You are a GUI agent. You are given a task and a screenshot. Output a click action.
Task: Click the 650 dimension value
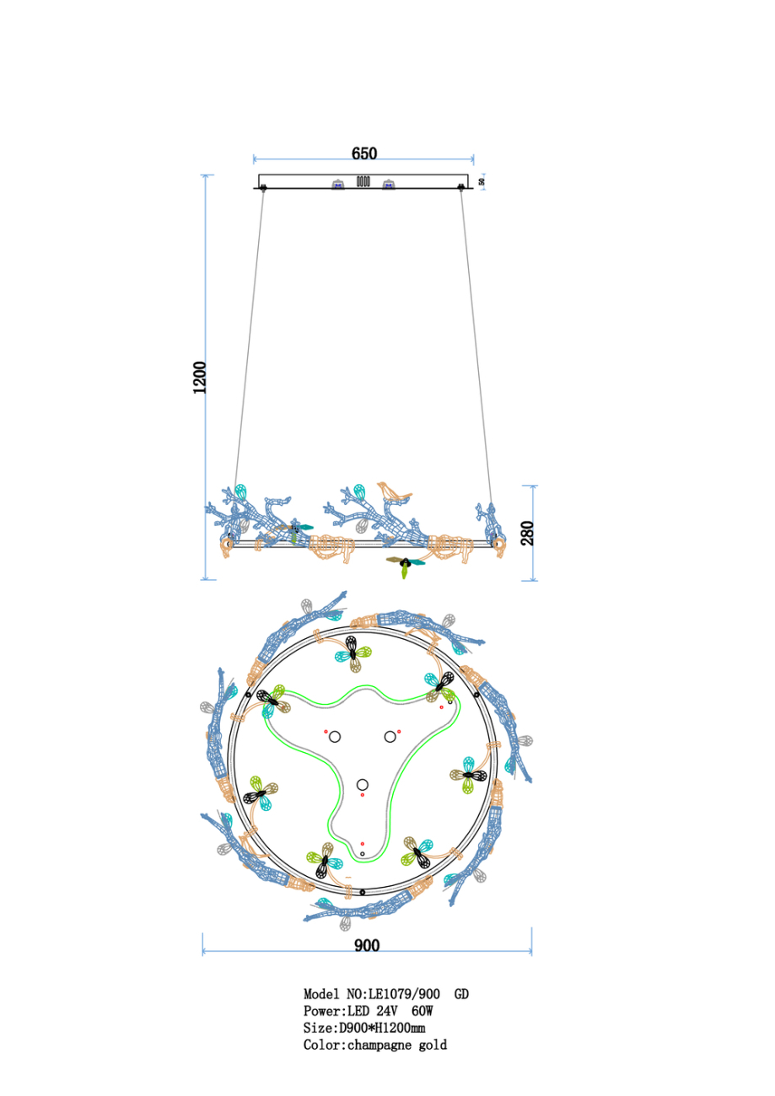pyautogui.click(x=364, y=153)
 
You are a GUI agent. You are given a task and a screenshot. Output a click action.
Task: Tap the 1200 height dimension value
pyautogui.click(x=200, y=377)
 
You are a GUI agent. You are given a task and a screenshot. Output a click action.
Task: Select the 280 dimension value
pyautogui.click(x=527, y=534)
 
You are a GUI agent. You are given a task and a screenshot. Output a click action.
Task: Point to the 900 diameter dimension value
pyautogui.click(x=367, y=945)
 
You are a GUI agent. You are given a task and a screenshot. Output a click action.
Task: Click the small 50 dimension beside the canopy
pyautogui.click(x=482, y=181)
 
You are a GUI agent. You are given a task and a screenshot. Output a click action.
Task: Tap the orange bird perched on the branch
pyautogui.click(x=393, y=492)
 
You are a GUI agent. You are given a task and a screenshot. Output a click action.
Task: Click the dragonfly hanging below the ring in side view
pyautogui.click(x=405, y=565)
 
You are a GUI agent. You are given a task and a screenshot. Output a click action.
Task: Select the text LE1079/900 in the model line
pyautogui.click(x=404, y=995)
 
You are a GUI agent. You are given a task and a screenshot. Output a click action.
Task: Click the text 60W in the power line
pyautogui.click(x=422, y=1012)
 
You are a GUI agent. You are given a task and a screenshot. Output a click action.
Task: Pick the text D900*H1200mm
pyautogui.click(x=382, y=1028)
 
